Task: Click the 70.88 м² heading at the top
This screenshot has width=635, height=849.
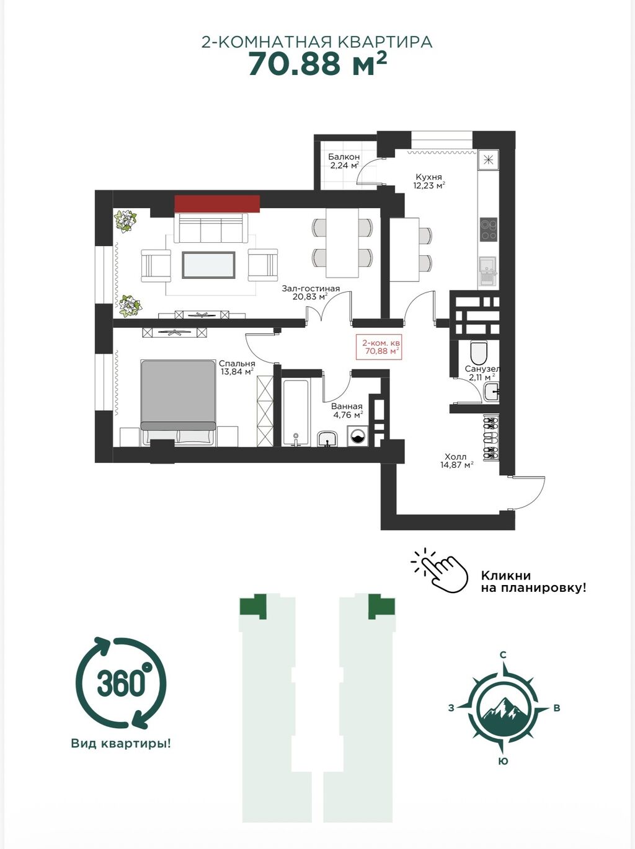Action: [x=317, y=64]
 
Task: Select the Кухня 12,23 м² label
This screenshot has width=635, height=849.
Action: [x=428, y=181]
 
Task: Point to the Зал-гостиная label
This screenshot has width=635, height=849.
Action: [x=311, y=289]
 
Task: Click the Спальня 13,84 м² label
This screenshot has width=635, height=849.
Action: [x=237, y=368]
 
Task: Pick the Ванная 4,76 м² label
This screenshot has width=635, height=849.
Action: [x=347, y=411]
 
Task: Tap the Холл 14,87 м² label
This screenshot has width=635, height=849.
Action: [x=456, y=460]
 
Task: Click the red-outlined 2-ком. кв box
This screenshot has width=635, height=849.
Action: [x=380, y=347]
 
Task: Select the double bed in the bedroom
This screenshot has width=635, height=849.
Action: [x=178, y=402]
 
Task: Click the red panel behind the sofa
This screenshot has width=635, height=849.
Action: [x=216, y=204]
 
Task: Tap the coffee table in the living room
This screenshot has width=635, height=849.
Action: [x=208, y=265]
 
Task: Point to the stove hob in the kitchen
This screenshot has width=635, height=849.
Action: [x=489, y=229]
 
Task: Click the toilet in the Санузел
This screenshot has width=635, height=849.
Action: [x=480, y=351]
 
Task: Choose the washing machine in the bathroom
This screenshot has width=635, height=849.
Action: [x=358, y=436]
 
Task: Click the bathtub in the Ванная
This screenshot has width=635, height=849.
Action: [x=296, y=413]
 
